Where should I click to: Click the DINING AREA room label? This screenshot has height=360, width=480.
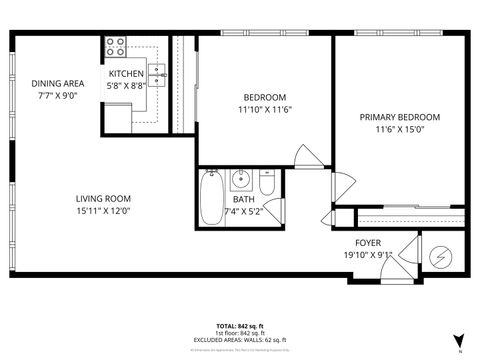pos(57,83)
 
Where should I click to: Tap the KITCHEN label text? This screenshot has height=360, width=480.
pos(128,74)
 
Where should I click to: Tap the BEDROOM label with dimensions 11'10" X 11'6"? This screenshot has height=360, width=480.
pos(265,97)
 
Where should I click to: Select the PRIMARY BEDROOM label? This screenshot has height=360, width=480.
pos(399,117)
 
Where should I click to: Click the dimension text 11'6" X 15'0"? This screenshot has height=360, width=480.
pos(399,130)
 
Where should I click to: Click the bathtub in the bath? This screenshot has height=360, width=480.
pos(212,199)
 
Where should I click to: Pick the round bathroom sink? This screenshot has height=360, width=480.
pos(241,181)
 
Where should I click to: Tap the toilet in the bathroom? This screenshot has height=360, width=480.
pos(266,184)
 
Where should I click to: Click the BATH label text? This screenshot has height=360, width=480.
pos(243,199)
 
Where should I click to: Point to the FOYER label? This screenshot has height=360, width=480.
pos(368,242)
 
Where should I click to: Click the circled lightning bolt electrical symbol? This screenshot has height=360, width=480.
pos(441,255)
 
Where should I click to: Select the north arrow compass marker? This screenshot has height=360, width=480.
pos(458,341)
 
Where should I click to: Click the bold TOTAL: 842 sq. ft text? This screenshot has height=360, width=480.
pos(240,326)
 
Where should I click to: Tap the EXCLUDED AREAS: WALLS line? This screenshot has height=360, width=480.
pos(240,340)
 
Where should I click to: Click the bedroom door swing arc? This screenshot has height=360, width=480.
pos(310,158)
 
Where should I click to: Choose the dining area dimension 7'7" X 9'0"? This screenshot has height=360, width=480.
pos(57,96)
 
